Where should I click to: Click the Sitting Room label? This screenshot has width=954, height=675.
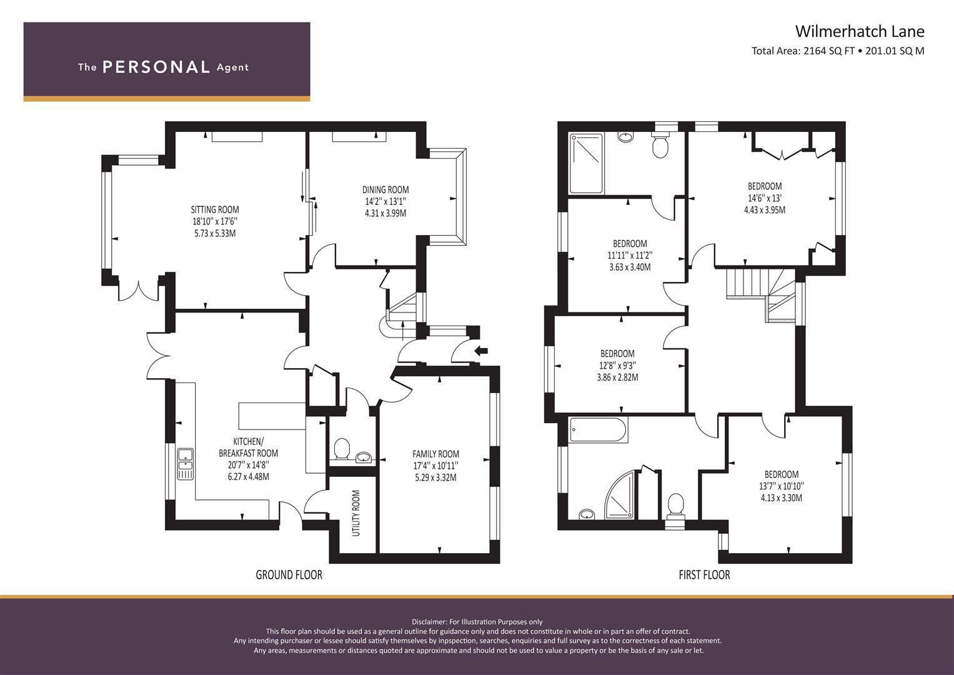215,210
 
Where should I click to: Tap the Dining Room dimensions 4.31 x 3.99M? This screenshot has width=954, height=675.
385,213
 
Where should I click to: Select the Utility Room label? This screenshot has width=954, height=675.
356,513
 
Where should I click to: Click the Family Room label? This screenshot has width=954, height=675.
435,454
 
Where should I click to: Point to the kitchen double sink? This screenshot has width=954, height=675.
186,464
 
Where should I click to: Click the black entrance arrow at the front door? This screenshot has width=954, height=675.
481,351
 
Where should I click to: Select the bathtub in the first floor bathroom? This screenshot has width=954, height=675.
597,431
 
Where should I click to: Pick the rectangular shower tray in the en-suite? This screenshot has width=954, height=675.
586,163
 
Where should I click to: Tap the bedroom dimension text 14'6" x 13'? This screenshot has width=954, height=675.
764,198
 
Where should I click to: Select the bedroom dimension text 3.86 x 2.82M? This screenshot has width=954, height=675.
617,377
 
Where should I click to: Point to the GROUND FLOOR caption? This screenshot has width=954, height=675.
289,575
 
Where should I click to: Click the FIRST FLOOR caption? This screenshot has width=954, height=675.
704,575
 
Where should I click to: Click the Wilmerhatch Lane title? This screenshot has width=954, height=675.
859,31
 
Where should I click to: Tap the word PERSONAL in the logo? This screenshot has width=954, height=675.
156,67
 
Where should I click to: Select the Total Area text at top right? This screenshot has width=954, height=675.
837,51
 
